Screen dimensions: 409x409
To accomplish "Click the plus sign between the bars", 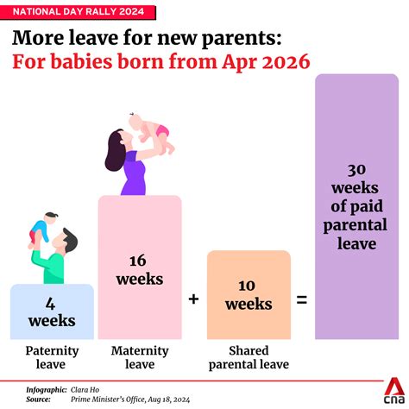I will tap(193, 299).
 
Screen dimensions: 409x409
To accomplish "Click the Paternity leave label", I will tap(52, 356).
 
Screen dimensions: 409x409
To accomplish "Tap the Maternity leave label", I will tap(140, 356).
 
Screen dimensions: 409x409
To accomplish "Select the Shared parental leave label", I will tap(248, 356).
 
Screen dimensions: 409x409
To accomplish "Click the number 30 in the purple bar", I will tap(356, 172).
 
